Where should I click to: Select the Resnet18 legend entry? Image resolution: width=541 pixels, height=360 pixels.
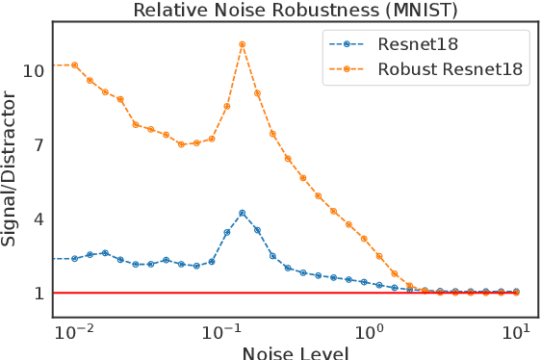(418, 43)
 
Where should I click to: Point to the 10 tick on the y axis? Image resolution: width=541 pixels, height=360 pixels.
(34, 71)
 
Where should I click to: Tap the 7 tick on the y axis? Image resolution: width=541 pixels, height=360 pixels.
(39, 145)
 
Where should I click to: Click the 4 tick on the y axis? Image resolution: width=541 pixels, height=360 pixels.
(39, 219)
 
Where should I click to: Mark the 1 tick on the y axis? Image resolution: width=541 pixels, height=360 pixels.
(39, 293)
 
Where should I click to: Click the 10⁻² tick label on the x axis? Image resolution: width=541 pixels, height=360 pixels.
(74, 332)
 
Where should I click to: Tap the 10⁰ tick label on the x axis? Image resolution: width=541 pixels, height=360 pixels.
(371, 332)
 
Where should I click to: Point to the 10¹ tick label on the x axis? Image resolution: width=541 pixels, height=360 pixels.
(518, 332)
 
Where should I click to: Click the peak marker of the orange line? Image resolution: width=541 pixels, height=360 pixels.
(243, 44)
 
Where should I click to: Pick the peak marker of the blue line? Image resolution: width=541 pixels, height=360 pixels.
(243, 213)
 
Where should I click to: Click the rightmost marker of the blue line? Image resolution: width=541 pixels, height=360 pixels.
(517, 291)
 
